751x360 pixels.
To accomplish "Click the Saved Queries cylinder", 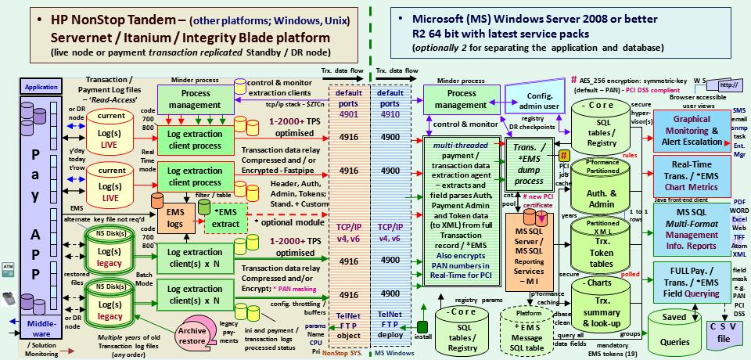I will click(676, 330).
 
